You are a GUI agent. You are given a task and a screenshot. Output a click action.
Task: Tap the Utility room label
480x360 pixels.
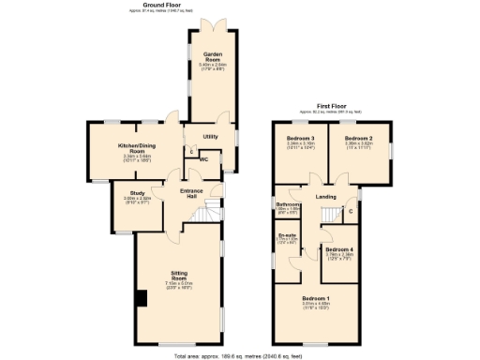(x=210, y=137)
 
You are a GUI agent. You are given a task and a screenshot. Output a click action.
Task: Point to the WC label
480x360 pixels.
(x=203, y=158)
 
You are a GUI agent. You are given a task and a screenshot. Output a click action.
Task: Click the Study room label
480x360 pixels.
(x=137, y=195)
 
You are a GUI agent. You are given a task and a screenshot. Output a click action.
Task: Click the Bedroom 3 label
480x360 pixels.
(x=301, y=140)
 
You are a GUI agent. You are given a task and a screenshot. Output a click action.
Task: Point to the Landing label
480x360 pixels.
(x=326, y=197)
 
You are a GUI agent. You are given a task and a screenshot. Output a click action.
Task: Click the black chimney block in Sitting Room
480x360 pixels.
(x=141, y=299)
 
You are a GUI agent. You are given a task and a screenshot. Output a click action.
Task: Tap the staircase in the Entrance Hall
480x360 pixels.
(x=204, y=215)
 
